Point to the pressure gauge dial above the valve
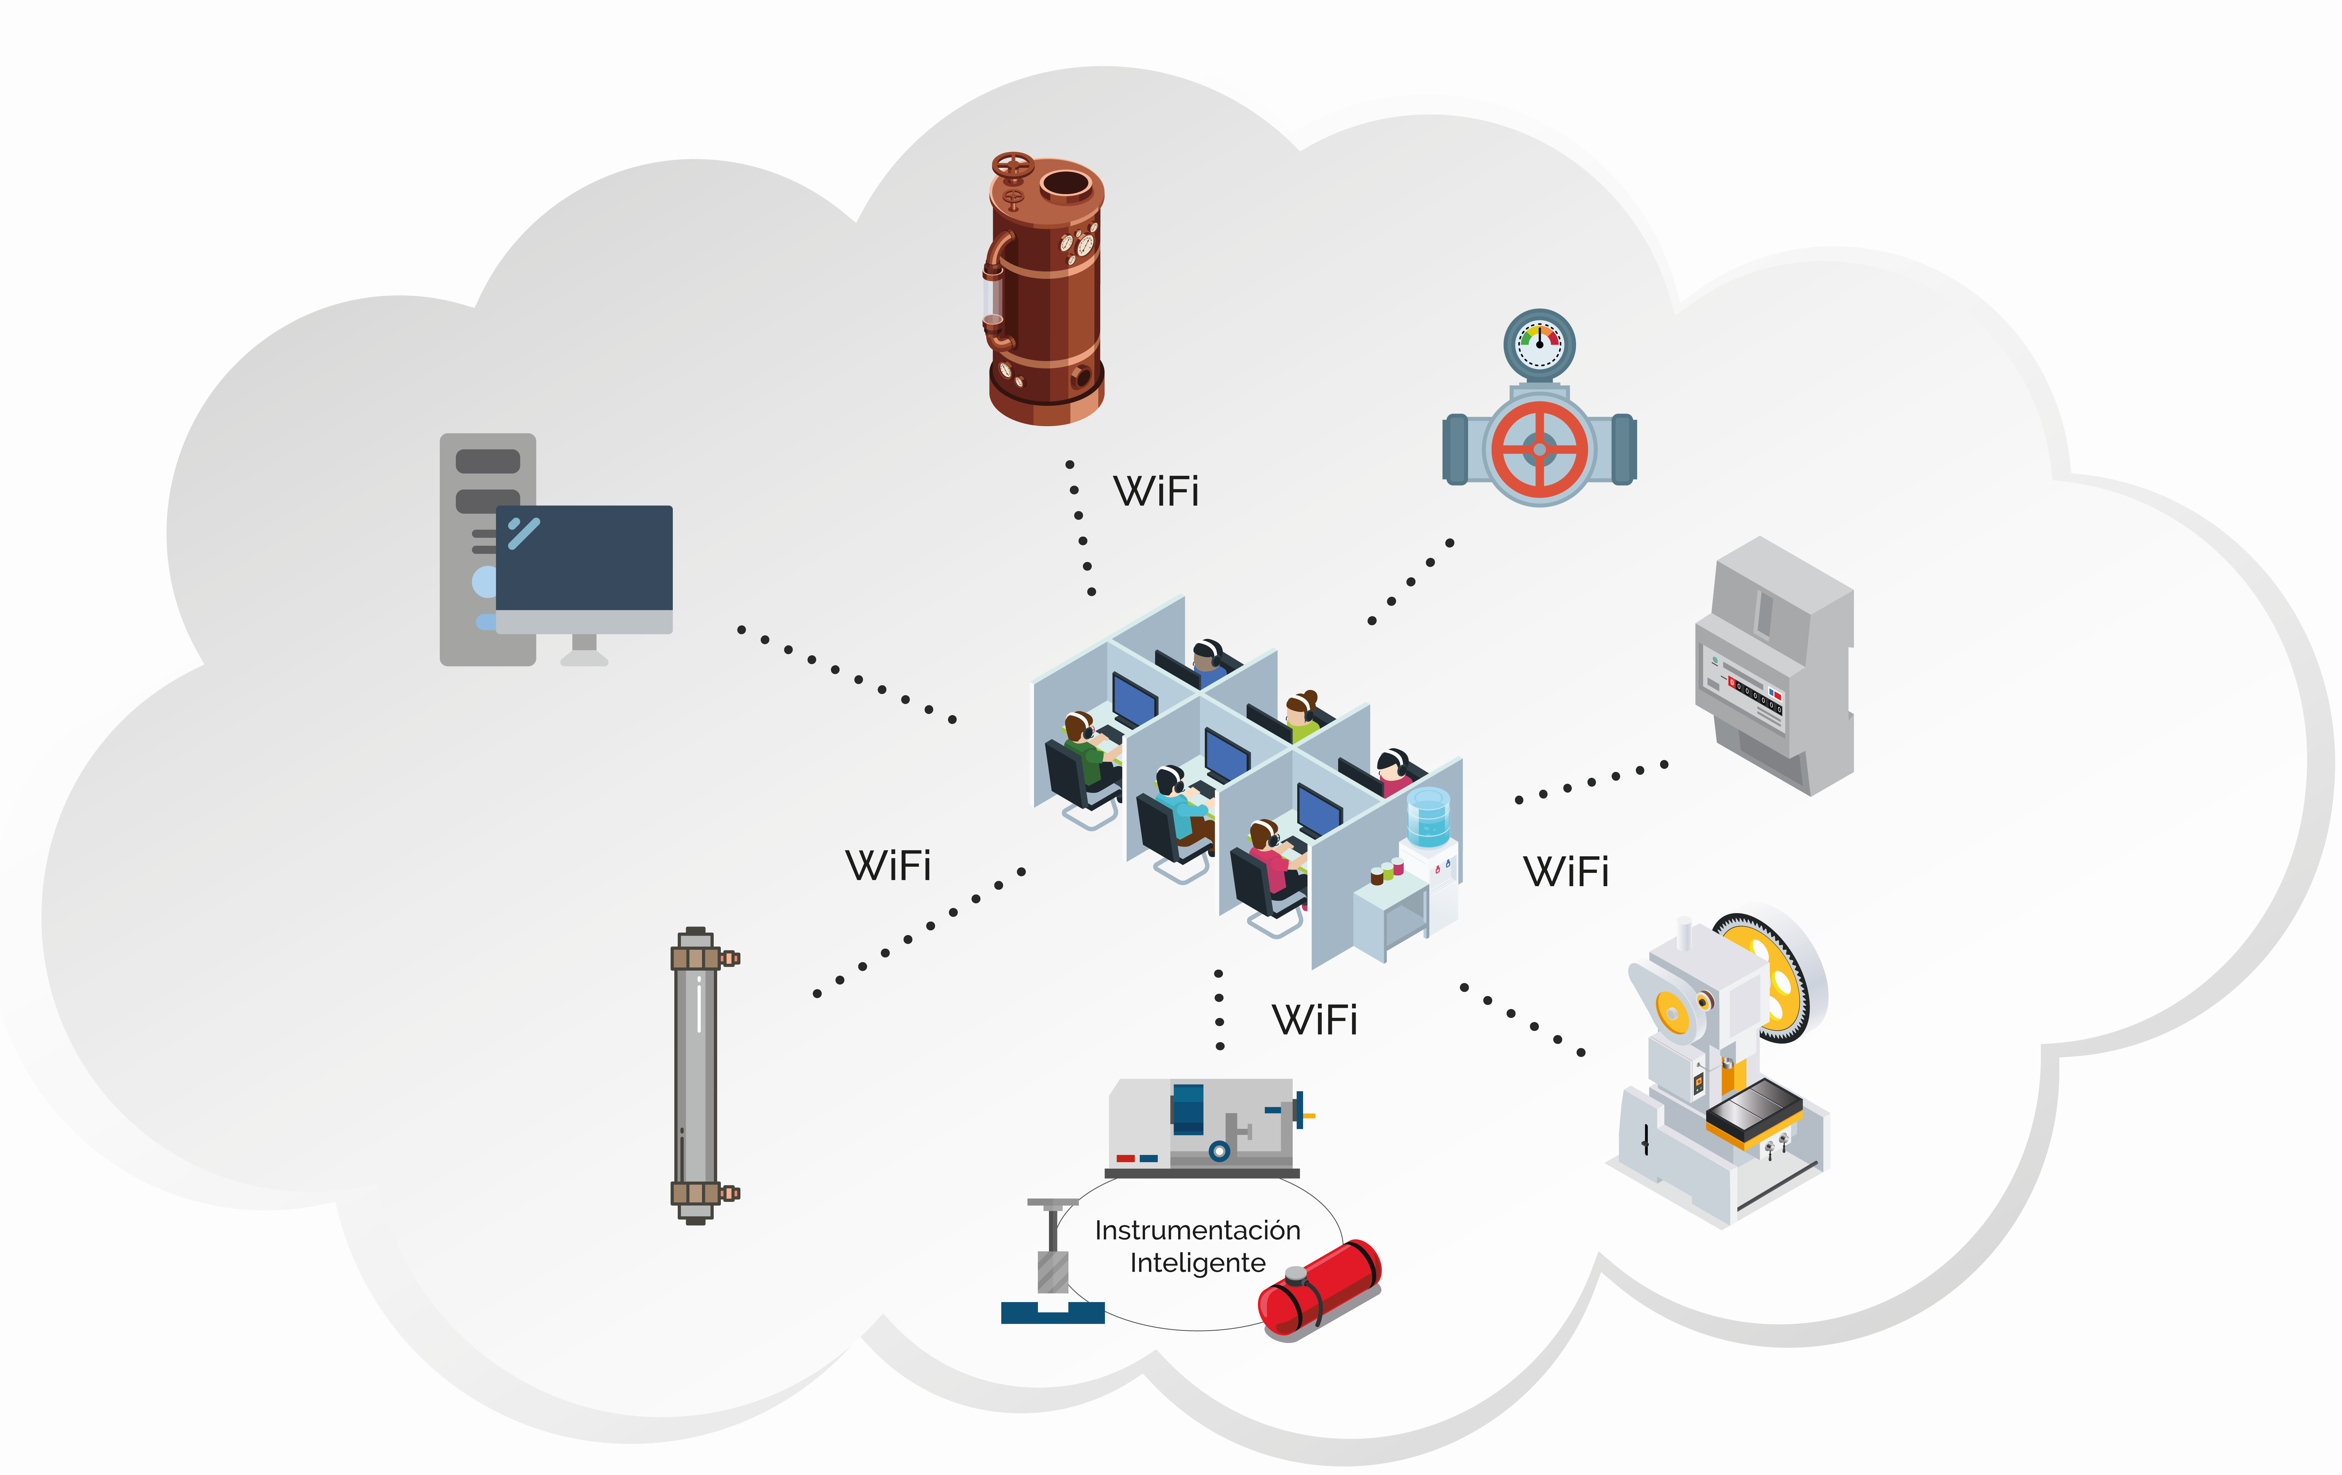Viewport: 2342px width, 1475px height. tap(1540, 343)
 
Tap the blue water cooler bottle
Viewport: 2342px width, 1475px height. tap(1428, 815)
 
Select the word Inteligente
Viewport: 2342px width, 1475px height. tap(1197, 1263)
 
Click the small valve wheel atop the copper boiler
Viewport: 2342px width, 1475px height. tap(1013, 166)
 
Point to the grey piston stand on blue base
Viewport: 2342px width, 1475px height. tap(1052, 1265)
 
